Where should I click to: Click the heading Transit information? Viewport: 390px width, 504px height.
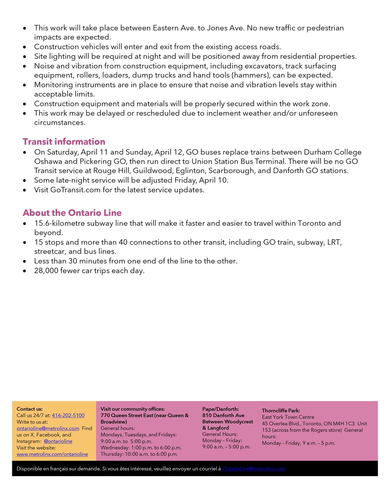[64, 142]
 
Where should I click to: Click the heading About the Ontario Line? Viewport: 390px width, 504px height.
[72, 213]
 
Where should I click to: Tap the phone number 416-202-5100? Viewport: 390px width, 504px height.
[68, 415]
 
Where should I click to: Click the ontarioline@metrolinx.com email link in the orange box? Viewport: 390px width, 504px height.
[48, 428]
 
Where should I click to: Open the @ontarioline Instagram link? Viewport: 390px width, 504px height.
[58, 441]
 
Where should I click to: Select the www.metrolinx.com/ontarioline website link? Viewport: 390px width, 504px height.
[52, 454]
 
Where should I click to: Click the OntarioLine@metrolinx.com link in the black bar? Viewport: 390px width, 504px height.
[254, 469]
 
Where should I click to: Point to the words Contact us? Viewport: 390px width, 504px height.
[30, 409]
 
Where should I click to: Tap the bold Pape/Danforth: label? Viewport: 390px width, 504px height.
[221, 409]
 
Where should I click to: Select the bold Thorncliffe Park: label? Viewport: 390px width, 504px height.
[281, 411]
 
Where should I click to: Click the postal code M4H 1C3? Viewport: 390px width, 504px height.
[344, 424]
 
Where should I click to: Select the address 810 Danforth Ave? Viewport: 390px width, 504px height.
[223, 415]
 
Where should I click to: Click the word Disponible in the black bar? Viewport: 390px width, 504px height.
[30, 469]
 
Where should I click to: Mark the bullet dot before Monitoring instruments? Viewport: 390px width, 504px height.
[25, 85]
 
